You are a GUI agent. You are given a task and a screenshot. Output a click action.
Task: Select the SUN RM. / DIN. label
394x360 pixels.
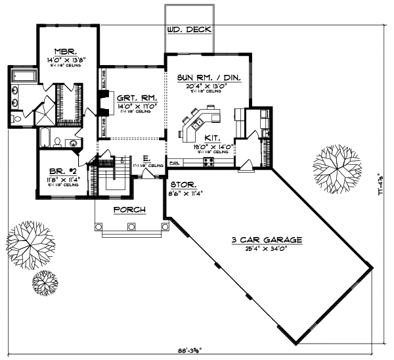point(209,78)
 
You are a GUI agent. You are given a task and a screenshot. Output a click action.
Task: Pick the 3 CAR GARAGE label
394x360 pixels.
point(267,241)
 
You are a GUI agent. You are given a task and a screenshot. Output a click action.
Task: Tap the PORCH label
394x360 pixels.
point(129,210)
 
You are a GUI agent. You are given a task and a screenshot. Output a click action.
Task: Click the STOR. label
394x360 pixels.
point(183,186)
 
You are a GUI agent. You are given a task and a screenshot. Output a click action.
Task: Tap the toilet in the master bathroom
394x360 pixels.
point(15,118)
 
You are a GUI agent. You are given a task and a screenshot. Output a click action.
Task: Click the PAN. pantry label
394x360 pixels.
point(174,162)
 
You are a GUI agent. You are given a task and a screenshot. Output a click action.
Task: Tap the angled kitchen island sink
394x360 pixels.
point(197,123)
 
